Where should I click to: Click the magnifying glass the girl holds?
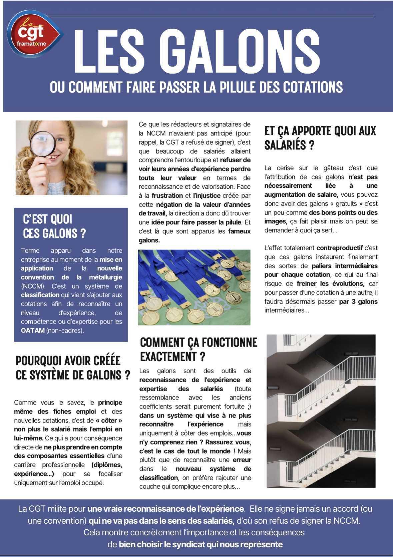coord(43,144)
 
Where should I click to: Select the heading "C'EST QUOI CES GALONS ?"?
coord(54,226)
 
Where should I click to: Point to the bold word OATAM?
coord(33,331)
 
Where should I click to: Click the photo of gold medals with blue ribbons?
coord(194,287)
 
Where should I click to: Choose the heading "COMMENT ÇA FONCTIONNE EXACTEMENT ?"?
coord(198,349)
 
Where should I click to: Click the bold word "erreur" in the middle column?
coord(242,460)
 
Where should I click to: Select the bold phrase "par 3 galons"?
coord(358,302)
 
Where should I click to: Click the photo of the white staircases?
coord(321,411)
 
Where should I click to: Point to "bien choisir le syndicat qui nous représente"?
coord(201,545)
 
